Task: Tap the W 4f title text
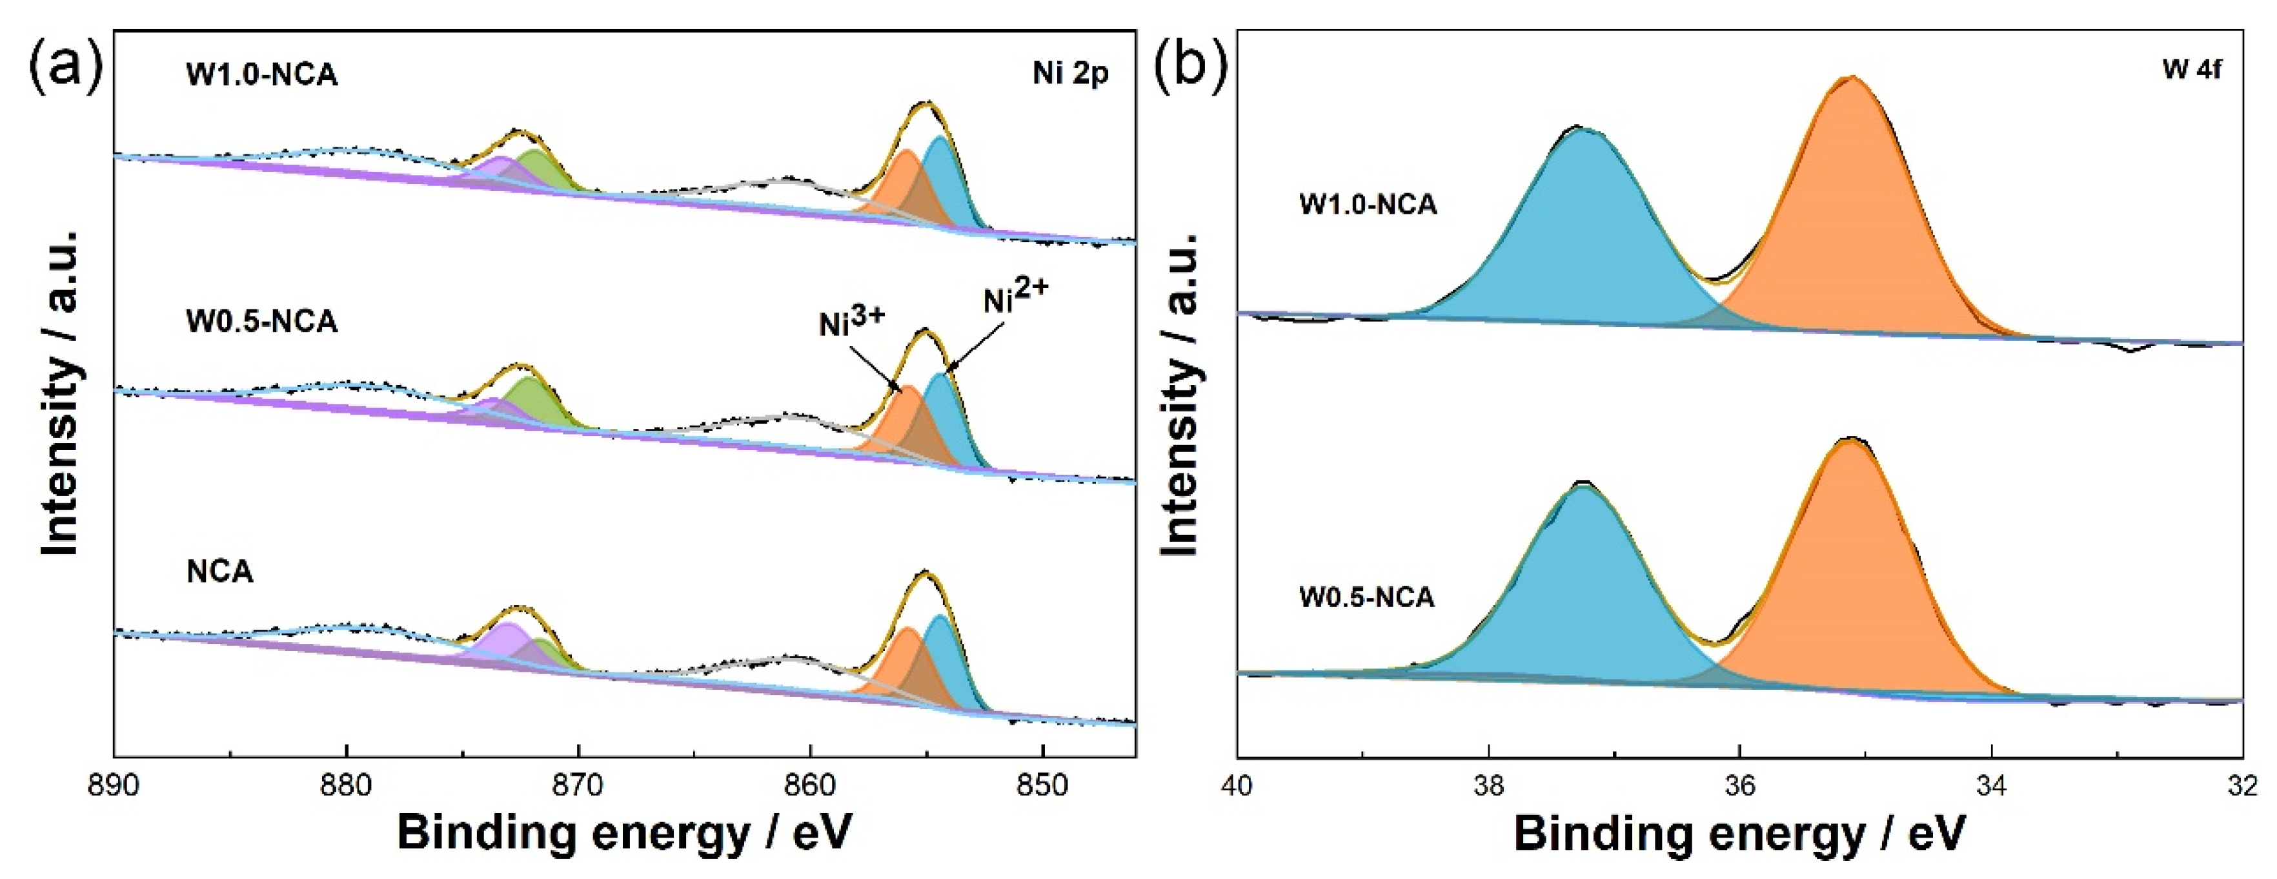pos(2191,70)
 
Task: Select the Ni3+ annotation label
pos(851,321)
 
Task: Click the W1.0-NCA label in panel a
pos(261,75)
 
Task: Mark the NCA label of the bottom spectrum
pos(219,572)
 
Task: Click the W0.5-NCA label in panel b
pos(1366,598)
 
